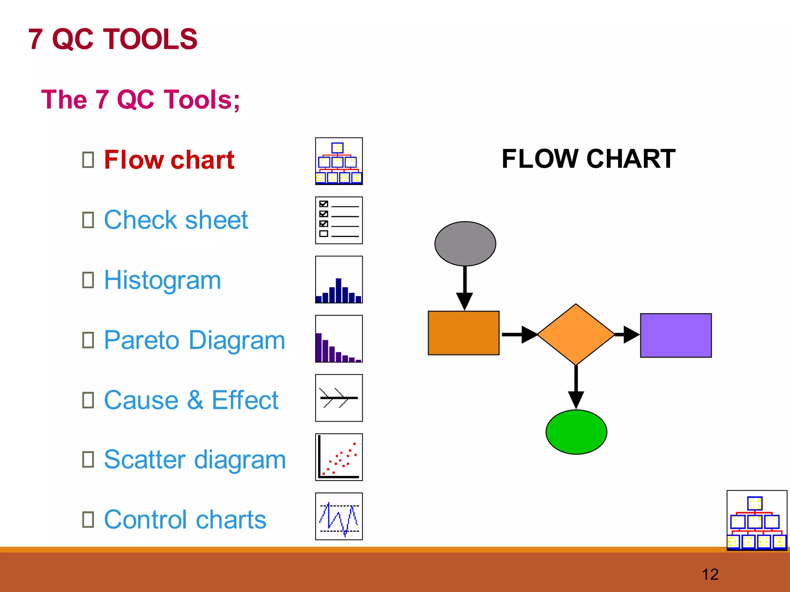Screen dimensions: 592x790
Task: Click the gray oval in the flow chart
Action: point(465,244)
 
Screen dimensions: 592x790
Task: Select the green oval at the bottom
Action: point(576,432)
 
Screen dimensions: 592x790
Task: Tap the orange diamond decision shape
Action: point(576,334)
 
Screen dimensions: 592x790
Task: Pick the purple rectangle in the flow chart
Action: point(676,335)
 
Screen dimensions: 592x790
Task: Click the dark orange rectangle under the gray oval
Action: point(463,333)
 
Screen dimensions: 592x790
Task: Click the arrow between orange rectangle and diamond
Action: point(519,334)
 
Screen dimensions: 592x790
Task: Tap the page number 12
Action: point(710,574)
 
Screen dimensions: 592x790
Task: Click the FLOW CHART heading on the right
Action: point(588,159)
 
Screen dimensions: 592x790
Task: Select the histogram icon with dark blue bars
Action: point(339,280)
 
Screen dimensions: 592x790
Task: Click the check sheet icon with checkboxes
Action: point(339,220)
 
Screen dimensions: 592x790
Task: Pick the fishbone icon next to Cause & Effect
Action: point(339,398)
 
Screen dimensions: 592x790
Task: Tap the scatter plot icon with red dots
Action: point(339,457)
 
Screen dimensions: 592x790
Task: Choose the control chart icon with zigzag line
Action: point(339,516)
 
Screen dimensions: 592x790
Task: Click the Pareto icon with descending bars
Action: point(339,339)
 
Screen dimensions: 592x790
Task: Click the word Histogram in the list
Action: point(162,280)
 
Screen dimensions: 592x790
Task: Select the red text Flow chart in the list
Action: point(169,160)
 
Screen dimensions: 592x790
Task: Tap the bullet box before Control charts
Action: point(88,519)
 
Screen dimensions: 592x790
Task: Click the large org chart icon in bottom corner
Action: point(756,520)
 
